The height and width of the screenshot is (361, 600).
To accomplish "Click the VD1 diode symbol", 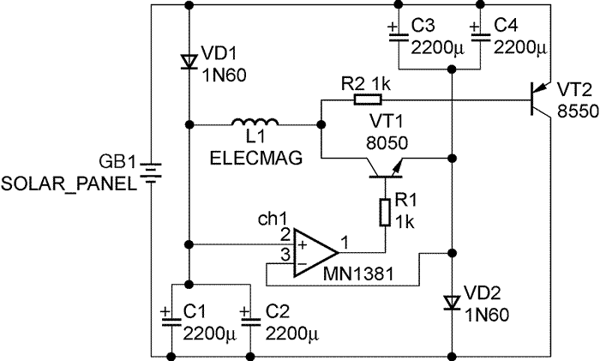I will [x=188, y=60].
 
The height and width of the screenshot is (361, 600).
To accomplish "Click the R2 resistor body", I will [x=362, y=99].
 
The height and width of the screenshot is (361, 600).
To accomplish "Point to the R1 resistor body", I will [x=386, y=211].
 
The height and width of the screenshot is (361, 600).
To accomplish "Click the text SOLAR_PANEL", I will [x=69, y=184].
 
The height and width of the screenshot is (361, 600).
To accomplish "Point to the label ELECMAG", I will [x=246, y=160].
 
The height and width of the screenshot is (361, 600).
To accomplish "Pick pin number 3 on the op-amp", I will [x=285, y=252].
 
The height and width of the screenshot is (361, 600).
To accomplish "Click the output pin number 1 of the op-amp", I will [x=344, y=242].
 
